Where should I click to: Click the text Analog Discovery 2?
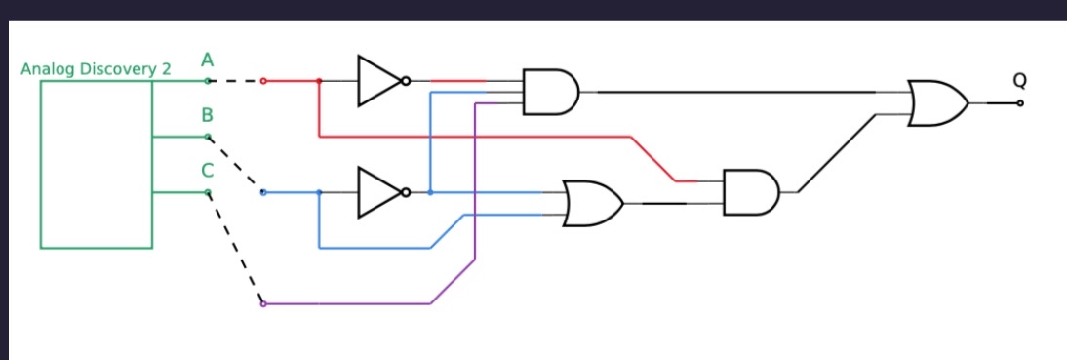click(96, 70)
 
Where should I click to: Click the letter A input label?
click(207, 60)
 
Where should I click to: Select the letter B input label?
click(207, 115)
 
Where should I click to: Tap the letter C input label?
click(207, 171)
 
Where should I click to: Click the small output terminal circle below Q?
click(1020, 102)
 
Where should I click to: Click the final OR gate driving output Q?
click(936, 102)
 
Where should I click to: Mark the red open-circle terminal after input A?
click(263, 81)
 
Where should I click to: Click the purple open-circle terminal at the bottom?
click(263, 304)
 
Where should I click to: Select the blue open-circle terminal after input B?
click(263, 192)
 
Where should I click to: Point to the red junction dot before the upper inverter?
click(319, 81)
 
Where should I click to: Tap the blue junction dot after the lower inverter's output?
click(430, 192)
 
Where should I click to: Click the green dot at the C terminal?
click(207, 192)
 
